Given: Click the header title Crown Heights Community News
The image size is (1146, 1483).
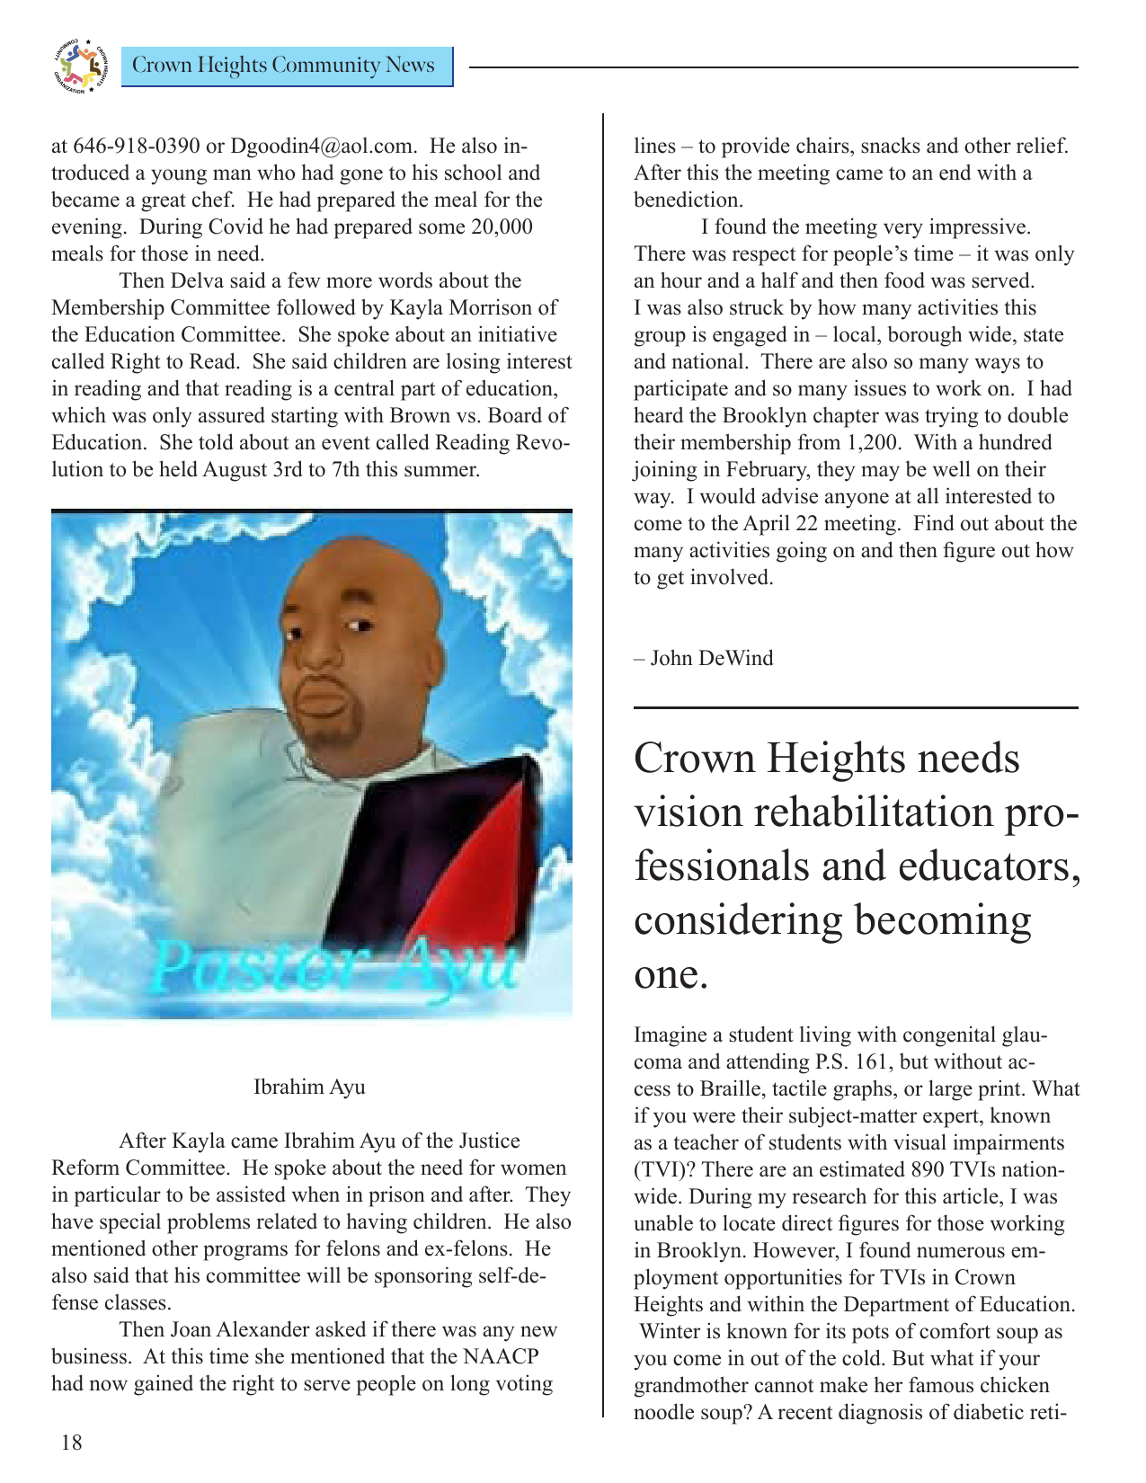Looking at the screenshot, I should pyautogui.click(x=283, y=66).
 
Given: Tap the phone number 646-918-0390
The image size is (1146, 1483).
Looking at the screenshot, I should pyautogui.click(x=136, y=147).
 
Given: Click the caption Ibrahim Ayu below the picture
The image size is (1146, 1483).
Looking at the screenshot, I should pyautogui.click(x=309, y=1088).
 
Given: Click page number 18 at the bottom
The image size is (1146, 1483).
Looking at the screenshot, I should pyautogui.click(x=71, y=1443).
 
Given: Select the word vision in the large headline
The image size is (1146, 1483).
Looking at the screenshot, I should pyautogui.click(x=688, y=813).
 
